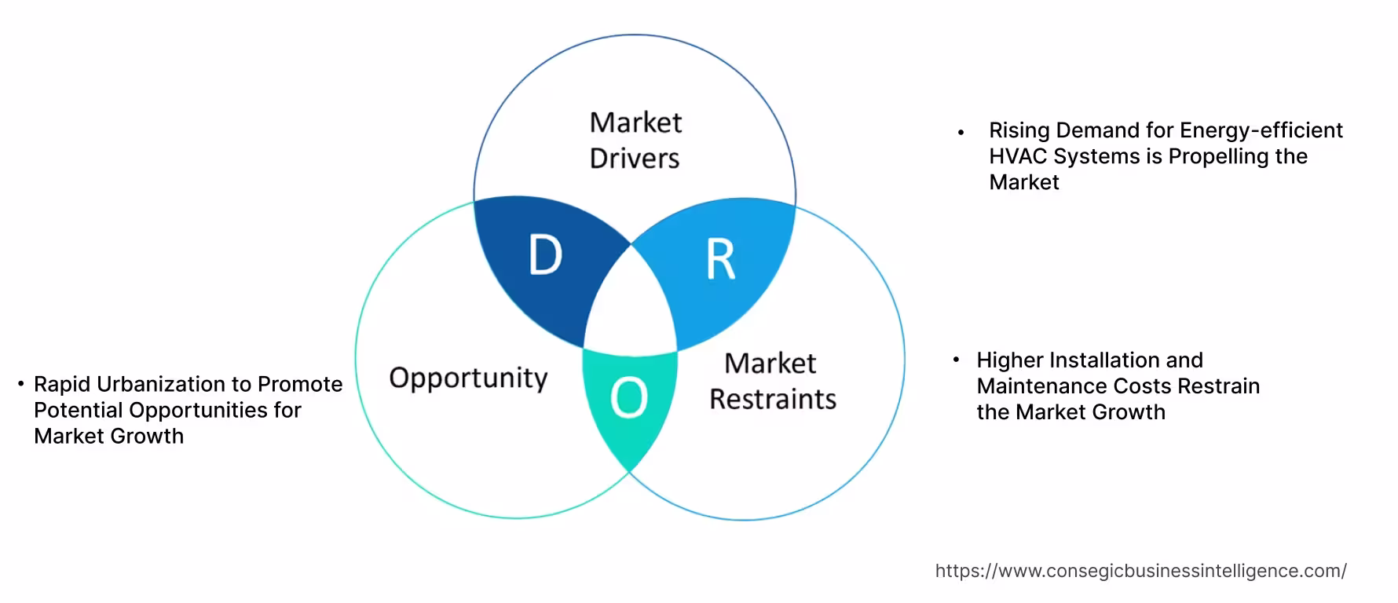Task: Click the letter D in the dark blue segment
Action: tap(546, 255)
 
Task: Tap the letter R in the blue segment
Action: tap(721, 260)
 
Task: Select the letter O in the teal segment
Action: tap(629, 398)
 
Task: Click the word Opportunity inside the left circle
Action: tap(468, 378)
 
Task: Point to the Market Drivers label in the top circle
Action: tap(635, 141)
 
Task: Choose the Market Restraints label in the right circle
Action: tap(772, 382)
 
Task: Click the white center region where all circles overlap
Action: tap(631, 302)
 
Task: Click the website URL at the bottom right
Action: tap(1140, 571)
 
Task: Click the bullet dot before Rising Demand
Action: tap(961, 133)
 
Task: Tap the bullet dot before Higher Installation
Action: tap(956, 360)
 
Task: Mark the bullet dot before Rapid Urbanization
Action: tap(21, 384)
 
